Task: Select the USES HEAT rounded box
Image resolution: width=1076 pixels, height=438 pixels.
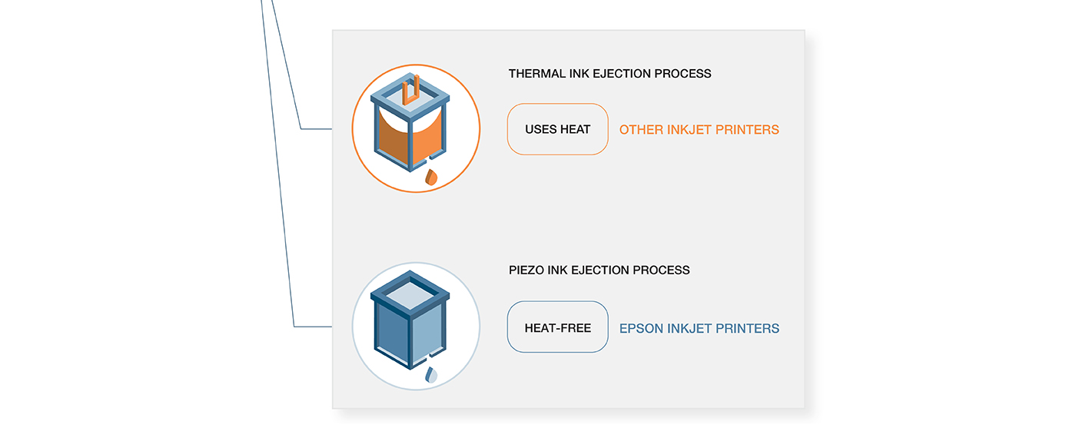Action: [x=558, y=129]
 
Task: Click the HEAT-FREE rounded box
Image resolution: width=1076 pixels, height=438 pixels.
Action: [x=558, y=327]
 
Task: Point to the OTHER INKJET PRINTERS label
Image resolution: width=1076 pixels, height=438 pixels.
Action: [x=699, y=130]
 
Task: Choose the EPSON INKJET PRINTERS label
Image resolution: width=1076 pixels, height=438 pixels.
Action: [x=699, y=329]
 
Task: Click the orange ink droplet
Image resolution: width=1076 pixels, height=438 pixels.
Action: [x=431, y=178]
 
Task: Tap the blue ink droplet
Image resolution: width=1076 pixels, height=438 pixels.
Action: [x=431, y=375]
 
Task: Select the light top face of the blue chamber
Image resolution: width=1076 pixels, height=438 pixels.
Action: [x=410, y=295]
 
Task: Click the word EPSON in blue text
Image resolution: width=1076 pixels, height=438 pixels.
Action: [x=641, y=329]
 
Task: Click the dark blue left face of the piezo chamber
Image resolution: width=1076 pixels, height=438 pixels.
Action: [x=393, y=331]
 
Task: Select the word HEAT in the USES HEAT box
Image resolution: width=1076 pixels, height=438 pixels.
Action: [x=575, y=129]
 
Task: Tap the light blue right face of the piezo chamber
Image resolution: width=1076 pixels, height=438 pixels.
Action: [x=427, y=331]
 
